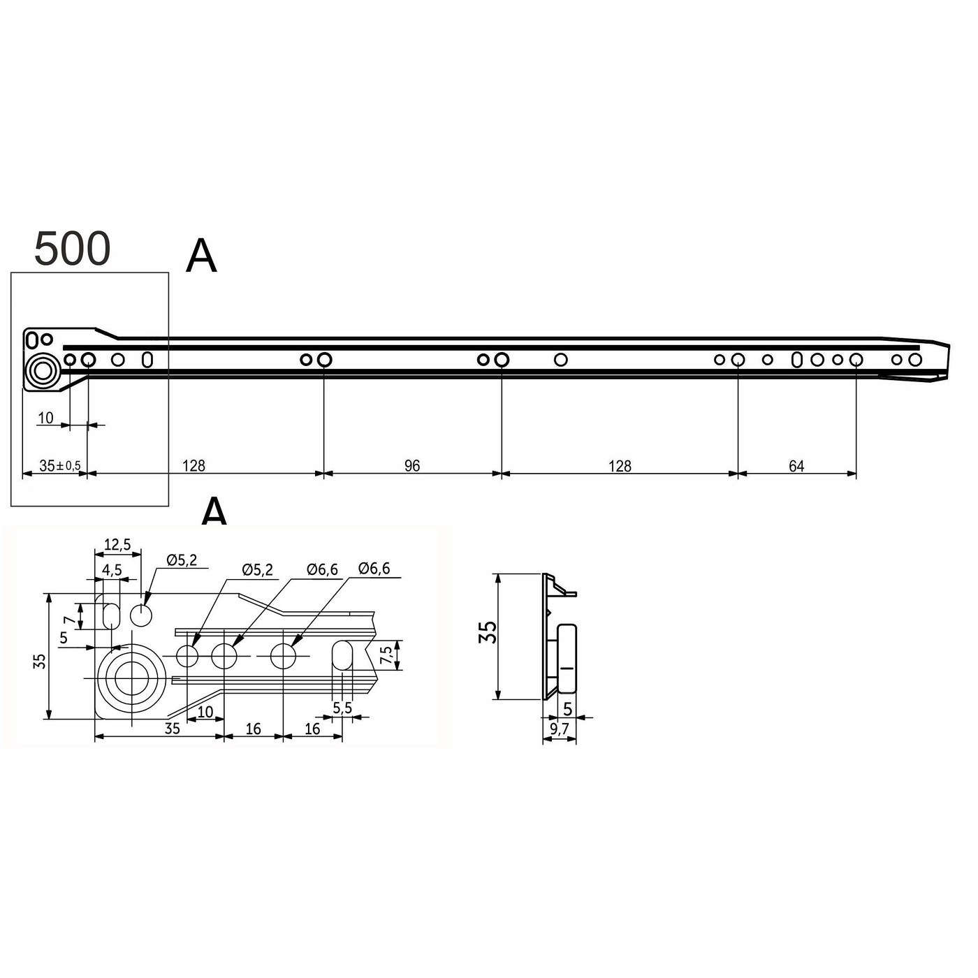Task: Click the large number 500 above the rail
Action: point(73,249)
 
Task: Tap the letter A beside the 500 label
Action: point(201,256)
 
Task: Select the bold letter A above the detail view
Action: point(214,512)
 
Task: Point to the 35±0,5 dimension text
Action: point(59,466)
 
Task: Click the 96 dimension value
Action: point(412,466)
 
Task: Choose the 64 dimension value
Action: point(796,466)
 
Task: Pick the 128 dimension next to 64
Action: point(620,466)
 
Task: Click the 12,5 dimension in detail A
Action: point(117,544)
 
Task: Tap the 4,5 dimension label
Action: point(112,569)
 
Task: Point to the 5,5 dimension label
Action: point(342,708)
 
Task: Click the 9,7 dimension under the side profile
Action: point(559,729)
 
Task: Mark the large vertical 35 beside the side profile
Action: point(489,632)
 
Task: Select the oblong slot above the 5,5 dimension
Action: point(342,655)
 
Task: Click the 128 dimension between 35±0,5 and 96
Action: point(194,466)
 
